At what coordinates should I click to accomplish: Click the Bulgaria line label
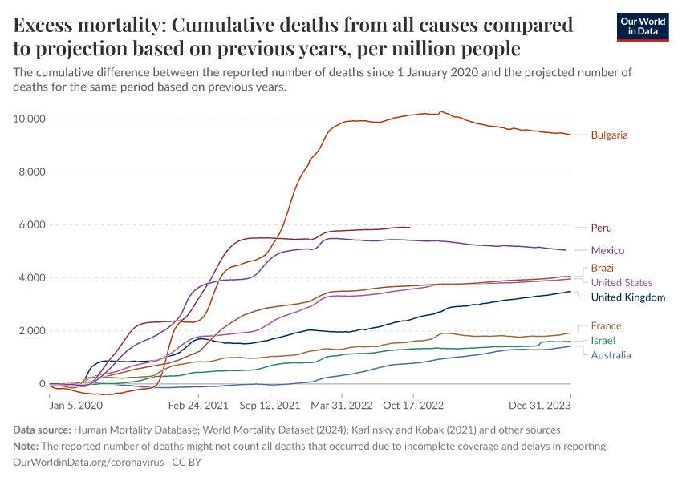609,135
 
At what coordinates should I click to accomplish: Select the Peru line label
601,228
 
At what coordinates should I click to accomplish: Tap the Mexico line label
607,250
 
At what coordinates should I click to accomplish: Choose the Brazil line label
603,268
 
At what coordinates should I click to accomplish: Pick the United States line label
621,282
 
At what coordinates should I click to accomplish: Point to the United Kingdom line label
627,297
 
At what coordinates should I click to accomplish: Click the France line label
606,325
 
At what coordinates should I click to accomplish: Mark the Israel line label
603,341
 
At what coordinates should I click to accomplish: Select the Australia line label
611,355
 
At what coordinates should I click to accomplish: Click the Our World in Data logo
642,26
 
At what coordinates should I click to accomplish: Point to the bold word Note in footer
28,446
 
